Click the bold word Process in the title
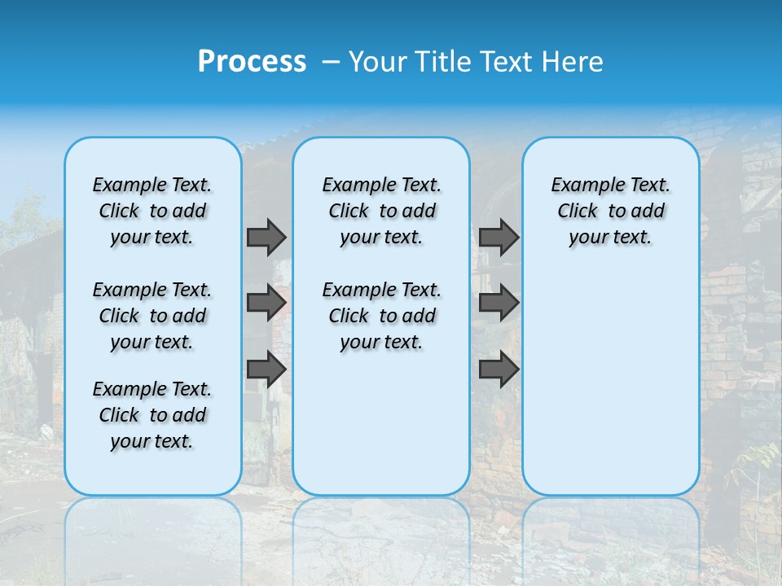click(252, 61)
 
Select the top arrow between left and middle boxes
click(266, 237)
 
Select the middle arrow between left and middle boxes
click(266, 303)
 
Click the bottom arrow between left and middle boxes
click(266, 370)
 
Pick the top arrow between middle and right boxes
click(499, 237)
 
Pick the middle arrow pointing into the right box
click(499, 303)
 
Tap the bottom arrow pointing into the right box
click(499, 370)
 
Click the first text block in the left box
click(152, 211)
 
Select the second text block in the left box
click(152, 316)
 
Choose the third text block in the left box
click(152, 415)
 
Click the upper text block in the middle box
click(381, 211)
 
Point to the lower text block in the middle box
click(381, 316)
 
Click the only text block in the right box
click(611, 211)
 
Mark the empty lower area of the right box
click(611, 383)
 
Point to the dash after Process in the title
click(332, 62)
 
